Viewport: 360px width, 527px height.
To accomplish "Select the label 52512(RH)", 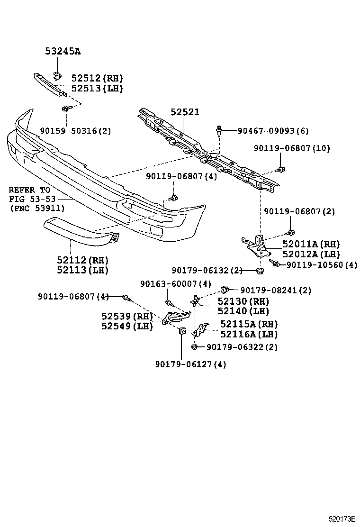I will [x=97, y=79].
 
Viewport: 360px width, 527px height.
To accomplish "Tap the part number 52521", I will [x=185, y=112].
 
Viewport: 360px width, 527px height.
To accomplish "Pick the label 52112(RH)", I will [x=82, y=260].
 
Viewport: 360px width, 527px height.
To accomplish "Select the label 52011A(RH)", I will [x=311, y=244].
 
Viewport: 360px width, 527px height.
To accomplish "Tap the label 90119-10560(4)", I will [x=322, y=264].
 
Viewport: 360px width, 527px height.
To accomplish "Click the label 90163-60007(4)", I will [x=175, y=284].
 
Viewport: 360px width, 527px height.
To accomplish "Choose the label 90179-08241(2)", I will [x=276, y=290].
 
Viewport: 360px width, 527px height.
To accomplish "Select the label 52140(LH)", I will [x=243, y=311].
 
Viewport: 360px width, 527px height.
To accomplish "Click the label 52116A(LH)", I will [x=249, y=334].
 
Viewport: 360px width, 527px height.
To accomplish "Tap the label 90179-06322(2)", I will [x=242, y=347].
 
